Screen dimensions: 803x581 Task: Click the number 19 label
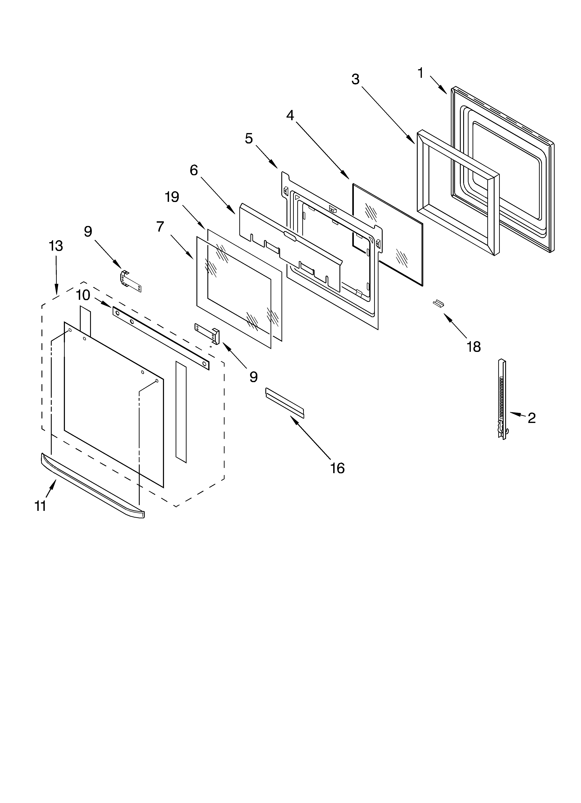[x=172, y=197]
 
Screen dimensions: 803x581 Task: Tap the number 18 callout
[x=473, y=347]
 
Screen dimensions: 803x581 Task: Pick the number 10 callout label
[x=83, y=295]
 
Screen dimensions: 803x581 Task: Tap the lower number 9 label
[x=253, y=377]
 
